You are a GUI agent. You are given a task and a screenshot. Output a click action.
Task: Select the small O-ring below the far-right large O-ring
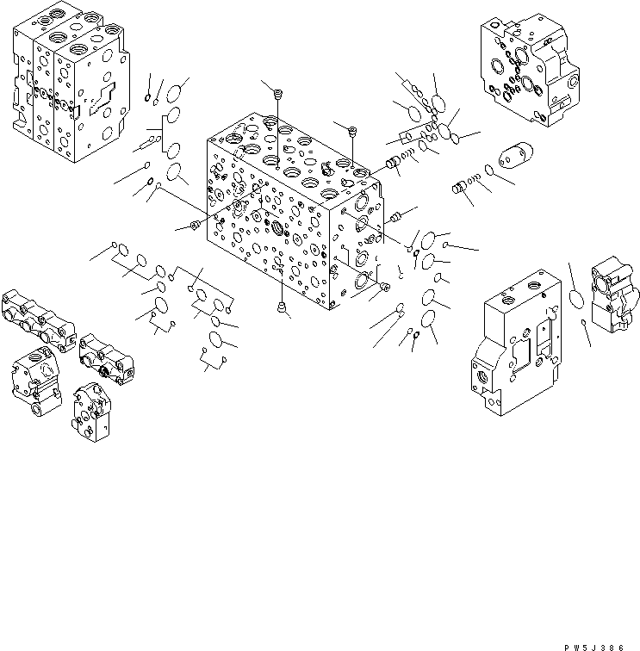[x=585, y=323]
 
